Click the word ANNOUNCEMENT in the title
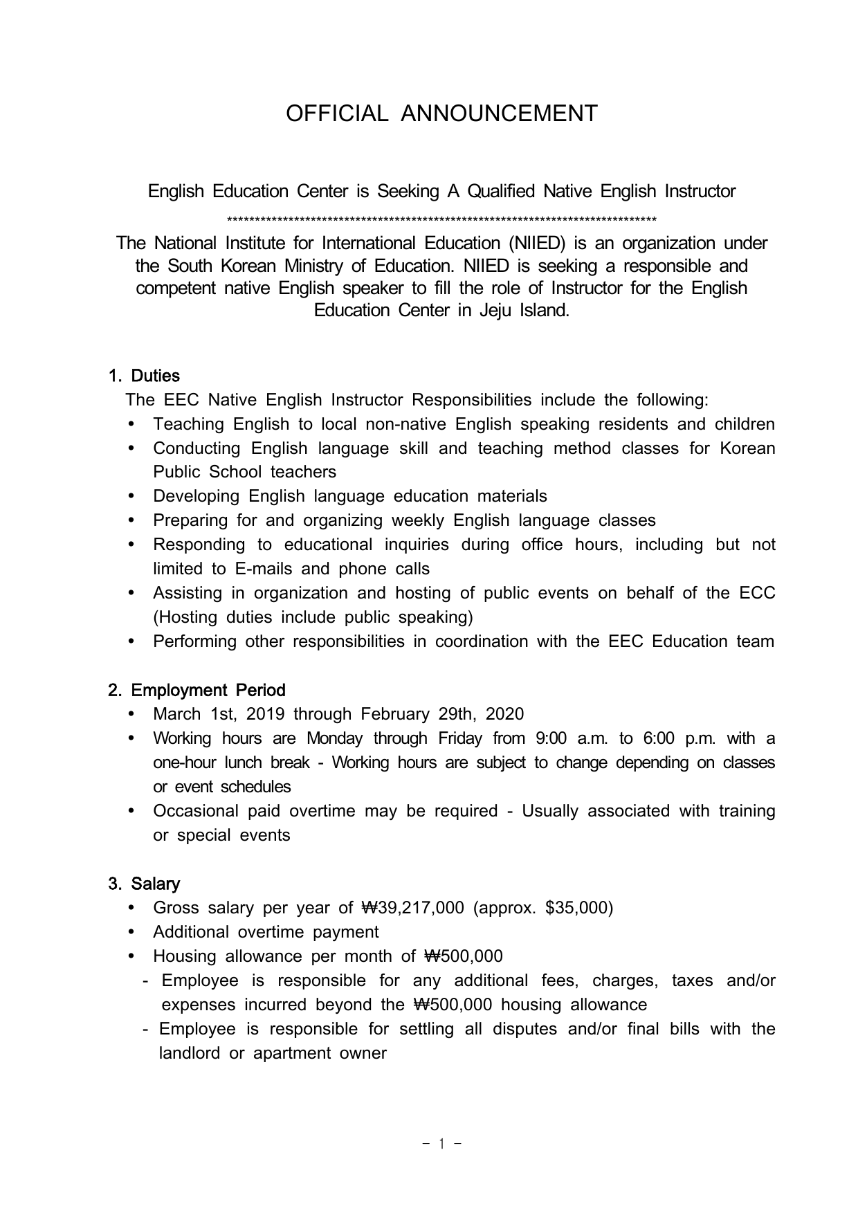point(499,113)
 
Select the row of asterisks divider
point(441,221)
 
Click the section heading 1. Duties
point(144,376)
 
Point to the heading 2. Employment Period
point(197,690)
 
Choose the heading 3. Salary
point(144,884)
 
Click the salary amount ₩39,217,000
point(413,908)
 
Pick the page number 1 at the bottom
point(441,1144)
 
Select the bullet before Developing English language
point(132,496)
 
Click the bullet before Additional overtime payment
point(132,932)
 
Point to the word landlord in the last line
point(189,1053)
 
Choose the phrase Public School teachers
point(244,472)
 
